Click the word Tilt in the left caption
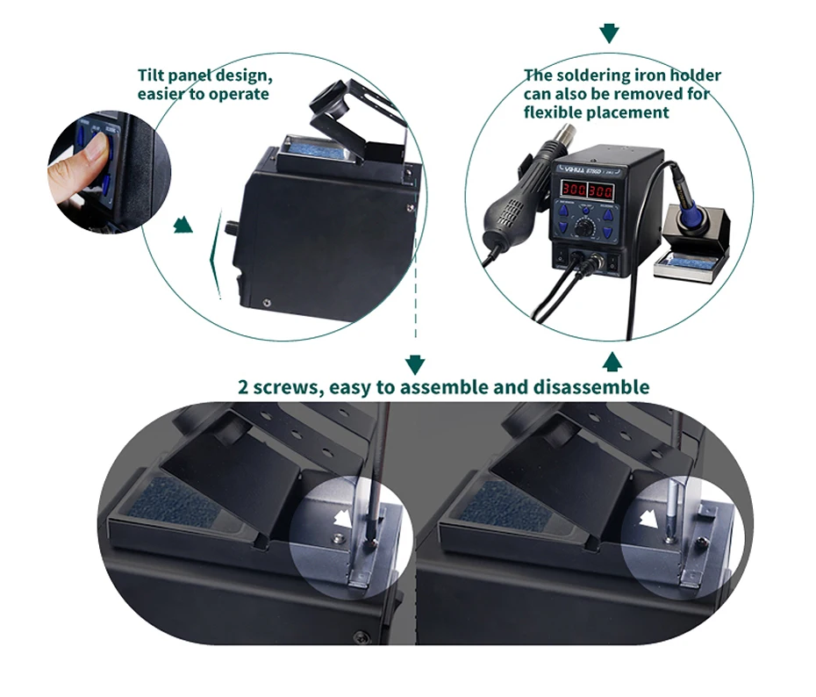pyautogui.click(x=153, y=75)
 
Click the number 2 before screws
pyautogui.click(x=243, y=387)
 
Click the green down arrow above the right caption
pyautogui.click(x=609, y=33)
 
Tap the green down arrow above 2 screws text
pyautogui.click(x=415, y=364)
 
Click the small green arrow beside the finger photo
pyautogui.click(x=183, y=226)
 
